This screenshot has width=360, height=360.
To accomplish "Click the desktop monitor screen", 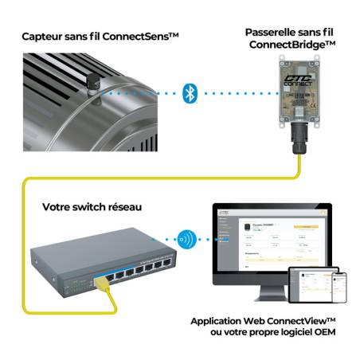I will click(x=271, y=239).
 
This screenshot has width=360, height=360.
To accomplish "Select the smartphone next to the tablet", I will click(x=339, y=286).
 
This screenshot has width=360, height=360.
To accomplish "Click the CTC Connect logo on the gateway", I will click(x=294, y=78).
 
